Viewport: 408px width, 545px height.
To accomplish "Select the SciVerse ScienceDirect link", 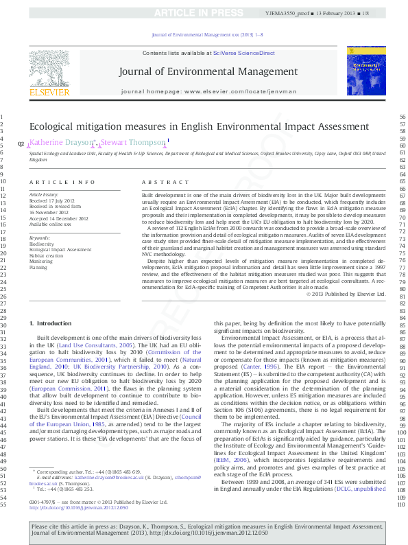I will tap(243, 53).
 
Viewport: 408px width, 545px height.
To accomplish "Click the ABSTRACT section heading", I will tap(165, 182).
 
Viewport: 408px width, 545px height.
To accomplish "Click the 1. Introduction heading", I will tap(52, 323).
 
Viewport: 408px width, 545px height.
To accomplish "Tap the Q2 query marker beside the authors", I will tap(21, 143).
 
